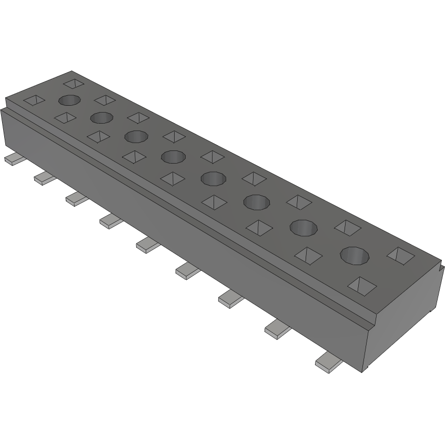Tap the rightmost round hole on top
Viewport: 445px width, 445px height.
coord(355,256)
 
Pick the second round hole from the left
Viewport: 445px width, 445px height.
coord(102,117)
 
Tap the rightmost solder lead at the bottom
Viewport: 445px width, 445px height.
coord(328,363)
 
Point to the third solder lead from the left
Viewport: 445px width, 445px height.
coord(77,198)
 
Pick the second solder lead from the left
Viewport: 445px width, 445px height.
coord(45,178)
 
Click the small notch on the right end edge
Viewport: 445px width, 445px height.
coord(438,268)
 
